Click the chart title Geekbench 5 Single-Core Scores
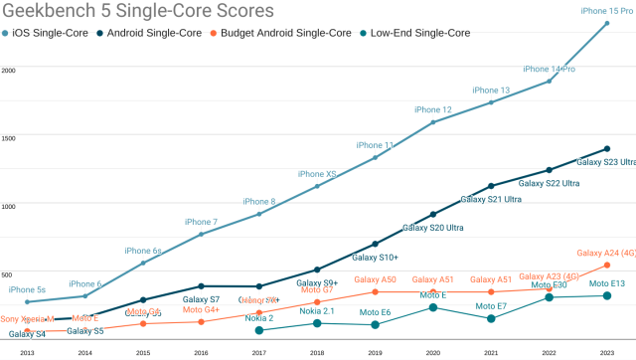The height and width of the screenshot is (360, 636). pyautogui.click(x=138, y=13)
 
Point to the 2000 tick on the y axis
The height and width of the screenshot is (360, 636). pyautogui.click(x=8, y=71)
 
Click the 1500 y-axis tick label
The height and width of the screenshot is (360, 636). pyautogui.click(x=8, y=138)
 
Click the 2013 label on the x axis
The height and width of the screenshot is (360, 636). pyautogui.click(x=27, y=352)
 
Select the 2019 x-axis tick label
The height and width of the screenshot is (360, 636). pyautogui.click(x=375, y=352)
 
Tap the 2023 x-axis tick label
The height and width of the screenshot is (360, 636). pyautogui.click(x=607, y=352)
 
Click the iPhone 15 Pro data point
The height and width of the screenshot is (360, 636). pyautogui.click(x=607, y=23)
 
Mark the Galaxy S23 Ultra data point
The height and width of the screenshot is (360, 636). pyautogui.click(x=607, y=149)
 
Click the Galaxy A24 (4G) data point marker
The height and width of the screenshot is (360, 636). pyautogui.click(x=607, y=265)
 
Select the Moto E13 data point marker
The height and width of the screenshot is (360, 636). pyautogui.click(x=607, y=295)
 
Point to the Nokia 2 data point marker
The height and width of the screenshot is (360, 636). pyautogui.click(x=259, y=330)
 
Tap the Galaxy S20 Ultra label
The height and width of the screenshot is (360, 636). pyautogui.click(x=432, y=228)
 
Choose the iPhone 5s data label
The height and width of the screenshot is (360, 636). pyautogui.click(x=27, y=289)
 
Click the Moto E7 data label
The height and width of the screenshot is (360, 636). pyautogui.click(x=491, y=306)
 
